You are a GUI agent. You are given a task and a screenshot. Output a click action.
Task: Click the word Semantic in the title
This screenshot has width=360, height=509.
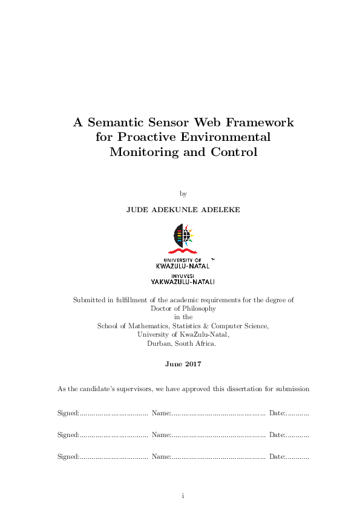[116, 122]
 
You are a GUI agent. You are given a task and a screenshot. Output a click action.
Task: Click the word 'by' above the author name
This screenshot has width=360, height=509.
[183, 194]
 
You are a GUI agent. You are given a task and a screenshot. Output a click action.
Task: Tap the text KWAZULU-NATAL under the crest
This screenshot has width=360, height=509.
[183, 265]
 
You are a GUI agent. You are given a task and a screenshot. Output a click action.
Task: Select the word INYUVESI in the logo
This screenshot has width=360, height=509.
[183, 274]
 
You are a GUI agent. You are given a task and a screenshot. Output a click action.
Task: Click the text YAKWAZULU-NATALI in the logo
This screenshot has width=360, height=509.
[183, 281]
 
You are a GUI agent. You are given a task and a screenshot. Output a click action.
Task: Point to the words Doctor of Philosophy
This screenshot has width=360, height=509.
[183, 308]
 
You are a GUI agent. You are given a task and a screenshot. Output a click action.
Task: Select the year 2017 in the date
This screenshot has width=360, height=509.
[192, 365]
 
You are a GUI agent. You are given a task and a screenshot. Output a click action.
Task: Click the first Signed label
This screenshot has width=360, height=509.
[68, 413]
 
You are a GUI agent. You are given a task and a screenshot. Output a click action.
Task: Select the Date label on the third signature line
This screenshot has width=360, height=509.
[277, 456]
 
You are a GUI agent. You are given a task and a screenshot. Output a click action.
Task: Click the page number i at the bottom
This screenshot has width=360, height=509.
[183, 496]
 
